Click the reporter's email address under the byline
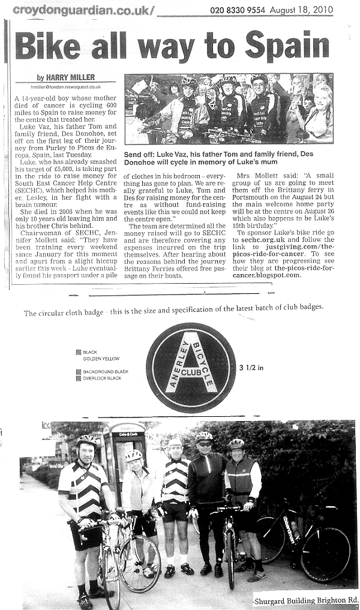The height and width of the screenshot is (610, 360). coord(69,86)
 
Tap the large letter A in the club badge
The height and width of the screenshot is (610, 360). coord(191,360)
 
